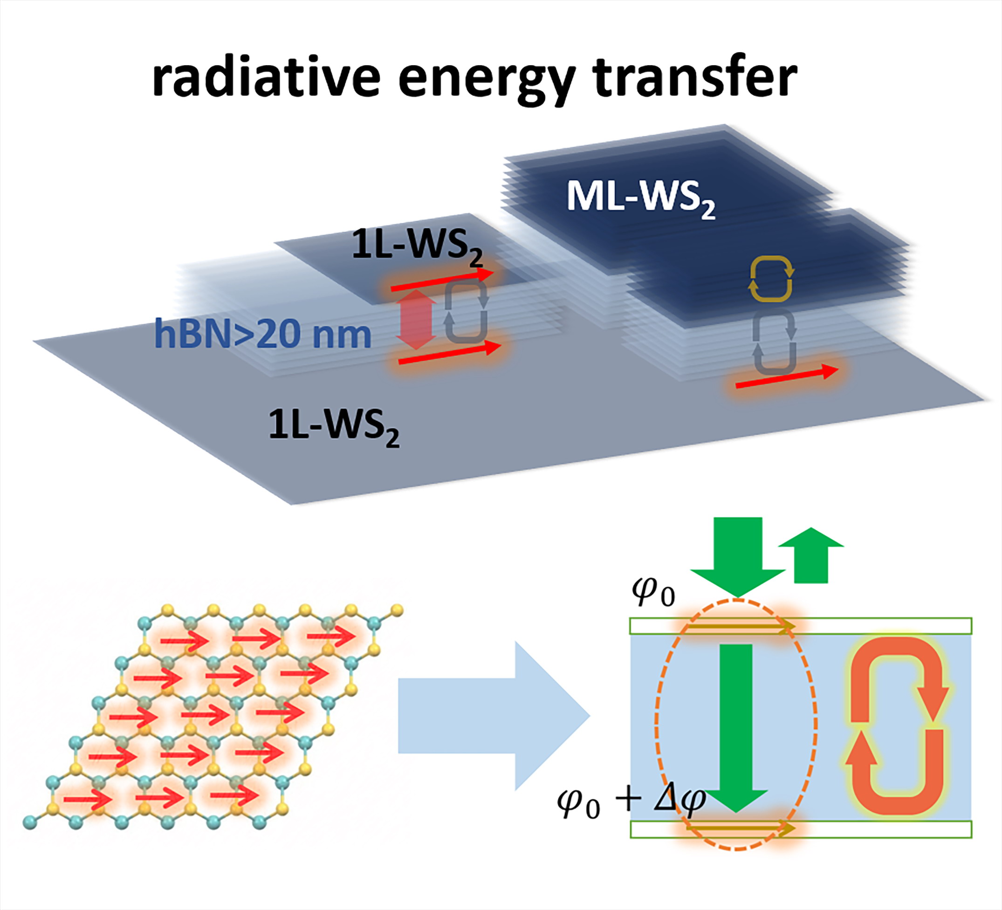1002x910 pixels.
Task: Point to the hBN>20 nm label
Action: coord(263,334)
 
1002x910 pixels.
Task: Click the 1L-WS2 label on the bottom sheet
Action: coord(334,427)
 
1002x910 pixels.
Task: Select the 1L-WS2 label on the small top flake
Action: coord(417,246)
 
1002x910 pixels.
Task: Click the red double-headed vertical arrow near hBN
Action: coord(417,320)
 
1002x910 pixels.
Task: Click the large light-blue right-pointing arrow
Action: coord(494,716)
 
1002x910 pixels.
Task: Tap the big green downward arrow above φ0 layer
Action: coord(738,557)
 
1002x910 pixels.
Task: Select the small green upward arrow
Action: coord(810,555)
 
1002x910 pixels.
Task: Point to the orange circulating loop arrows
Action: coord(897,725)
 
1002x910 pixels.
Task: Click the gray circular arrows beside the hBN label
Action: coord(466,311)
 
